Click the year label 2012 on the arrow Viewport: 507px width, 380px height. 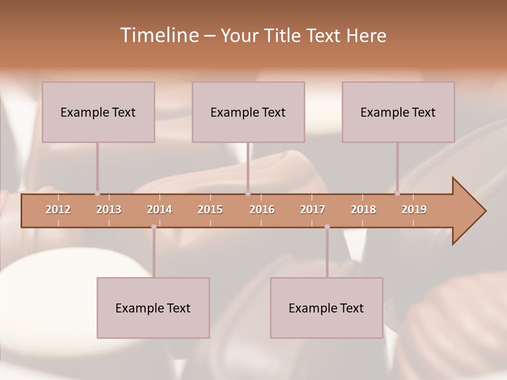58,210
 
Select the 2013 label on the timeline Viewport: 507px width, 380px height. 109,210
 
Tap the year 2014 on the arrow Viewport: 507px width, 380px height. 159,210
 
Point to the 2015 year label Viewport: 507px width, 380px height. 210,210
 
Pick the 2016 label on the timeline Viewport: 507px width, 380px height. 262,210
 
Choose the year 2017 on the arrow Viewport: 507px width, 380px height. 313,210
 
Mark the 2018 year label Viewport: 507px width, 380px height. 363,210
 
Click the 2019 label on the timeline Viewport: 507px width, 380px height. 414,210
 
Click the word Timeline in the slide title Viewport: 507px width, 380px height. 158,35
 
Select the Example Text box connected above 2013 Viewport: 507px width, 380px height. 98,112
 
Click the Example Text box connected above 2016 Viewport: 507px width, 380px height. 248,112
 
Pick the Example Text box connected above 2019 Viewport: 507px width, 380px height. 398,112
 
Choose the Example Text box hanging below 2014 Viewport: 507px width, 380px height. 153,308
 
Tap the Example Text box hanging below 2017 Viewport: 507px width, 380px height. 326,308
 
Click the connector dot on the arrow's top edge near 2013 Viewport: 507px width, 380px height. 97,194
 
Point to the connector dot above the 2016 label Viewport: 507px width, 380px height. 248,194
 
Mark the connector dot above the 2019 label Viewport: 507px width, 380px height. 398,194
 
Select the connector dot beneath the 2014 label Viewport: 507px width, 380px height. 154,227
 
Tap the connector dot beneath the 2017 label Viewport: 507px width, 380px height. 327,227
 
